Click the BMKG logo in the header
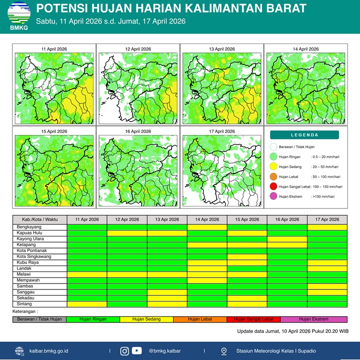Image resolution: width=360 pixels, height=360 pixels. (x=18, y=15)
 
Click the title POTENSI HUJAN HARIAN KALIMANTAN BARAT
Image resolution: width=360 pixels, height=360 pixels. (x=171, y=8)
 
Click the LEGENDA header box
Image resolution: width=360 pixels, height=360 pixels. (x=304, y=135)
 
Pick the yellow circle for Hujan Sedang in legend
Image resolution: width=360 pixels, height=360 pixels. (x=273, y=166)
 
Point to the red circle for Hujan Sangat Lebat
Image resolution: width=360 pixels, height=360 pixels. (x=273, y=186)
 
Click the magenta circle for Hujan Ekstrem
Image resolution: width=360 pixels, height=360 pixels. (x=273, y=196)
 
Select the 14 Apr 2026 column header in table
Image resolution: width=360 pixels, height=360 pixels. (x=207, y=219)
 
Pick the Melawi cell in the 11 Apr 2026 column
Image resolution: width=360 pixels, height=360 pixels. (x=86, y=274)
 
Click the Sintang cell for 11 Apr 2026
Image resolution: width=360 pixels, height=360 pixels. (x=86, y=304)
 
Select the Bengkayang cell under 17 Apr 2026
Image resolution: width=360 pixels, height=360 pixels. (x=327, y=227)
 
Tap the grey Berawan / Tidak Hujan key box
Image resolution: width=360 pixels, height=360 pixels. (x=39, y=319)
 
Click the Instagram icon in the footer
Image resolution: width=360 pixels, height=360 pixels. (x=124, y=351)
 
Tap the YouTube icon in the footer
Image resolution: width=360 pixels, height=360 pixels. (x=137, y=351)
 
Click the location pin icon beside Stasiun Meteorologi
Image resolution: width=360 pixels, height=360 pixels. (x=223, y=351)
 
